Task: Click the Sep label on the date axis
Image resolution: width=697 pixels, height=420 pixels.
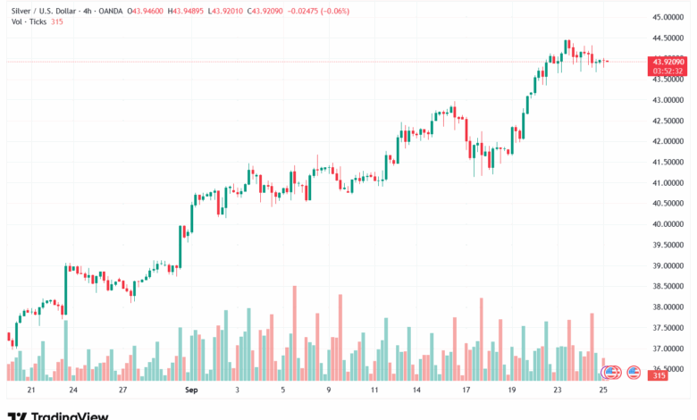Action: pos(190,391)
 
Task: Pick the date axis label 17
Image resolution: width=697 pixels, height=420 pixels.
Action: pos(466,391)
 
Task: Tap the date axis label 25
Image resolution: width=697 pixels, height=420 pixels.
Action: pos(603,391)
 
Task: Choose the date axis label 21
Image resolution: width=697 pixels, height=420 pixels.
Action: pos(31,391)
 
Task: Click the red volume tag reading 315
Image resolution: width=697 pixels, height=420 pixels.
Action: pos(659,375)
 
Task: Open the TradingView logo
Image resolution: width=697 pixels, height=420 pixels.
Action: pos(58,415)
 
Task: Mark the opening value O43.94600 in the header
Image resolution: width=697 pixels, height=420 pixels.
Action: pos(147,11)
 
